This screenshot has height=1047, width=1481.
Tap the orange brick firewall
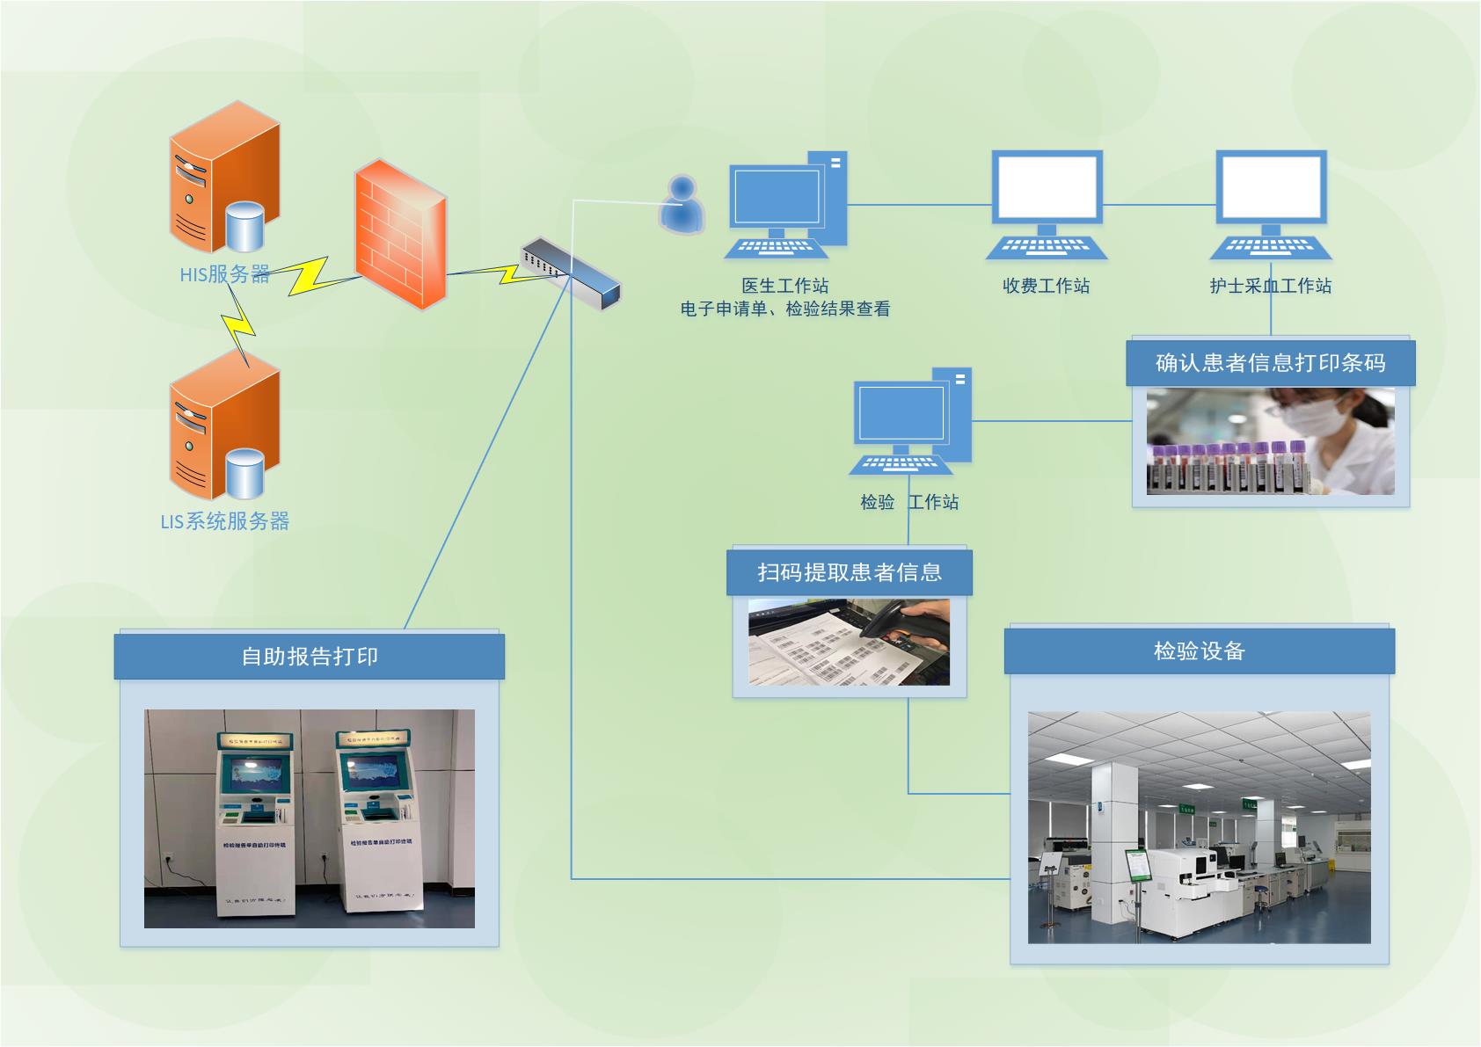[x=400, y=233]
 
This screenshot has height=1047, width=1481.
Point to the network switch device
[x=571, y=273]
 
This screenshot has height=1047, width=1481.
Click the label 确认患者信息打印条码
[x=1270, y=363]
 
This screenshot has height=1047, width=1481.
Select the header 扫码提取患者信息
[x=850, y=572]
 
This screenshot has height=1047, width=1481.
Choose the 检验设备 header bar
[x=1199, y=651]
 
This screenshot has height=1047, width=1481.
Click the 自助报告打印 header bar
[x=309, y=657]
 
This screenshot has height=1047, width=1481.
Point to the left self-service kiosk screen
[x=256, y=774]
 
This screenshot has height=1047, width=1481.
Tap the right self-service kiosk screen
[x=375, y=773]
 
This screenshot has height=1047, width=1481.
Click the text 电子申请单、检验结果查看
[x=784, y=309]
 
